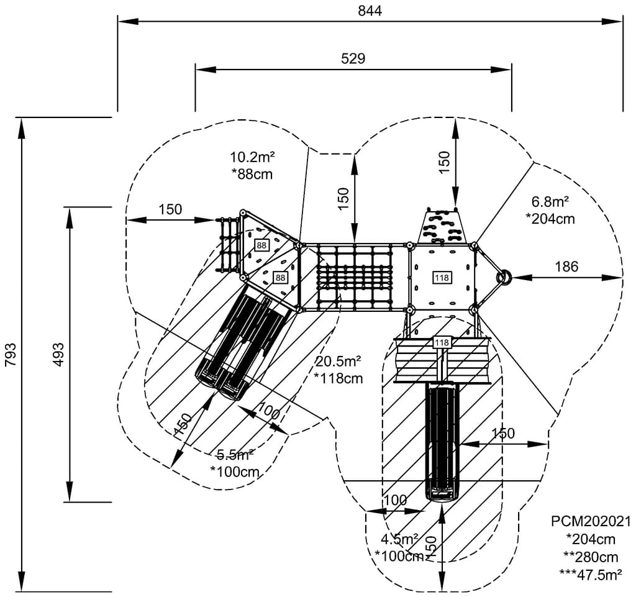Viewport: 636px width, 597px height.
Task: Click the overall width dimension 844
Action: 370,11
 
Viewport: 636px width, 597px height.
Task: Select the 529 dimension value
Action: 353,59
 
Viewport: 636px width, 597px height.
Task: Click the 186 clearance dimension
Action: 566,267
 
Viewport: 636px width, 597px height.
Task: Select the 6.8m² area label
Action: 550,202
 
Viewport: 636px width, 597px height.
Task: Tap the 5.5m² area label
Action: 235,454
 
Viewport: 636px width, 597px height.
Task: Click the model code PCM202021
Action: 591,521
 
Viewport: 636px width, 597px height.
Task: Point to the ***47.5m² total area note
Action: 591,575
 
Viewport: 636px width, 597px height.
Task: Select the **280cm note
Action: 591,557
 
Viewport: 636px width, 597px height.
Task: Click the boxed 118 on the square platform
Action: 442,277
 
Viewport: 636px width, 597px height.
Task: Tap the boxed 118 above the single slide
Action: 442,342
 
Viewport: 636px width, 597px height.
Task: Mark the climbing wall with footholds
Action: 443,226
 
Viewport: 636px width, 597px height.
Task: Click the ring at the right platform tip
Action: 504,276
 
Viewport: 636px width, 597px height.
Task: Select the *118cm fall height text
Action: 338,378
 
